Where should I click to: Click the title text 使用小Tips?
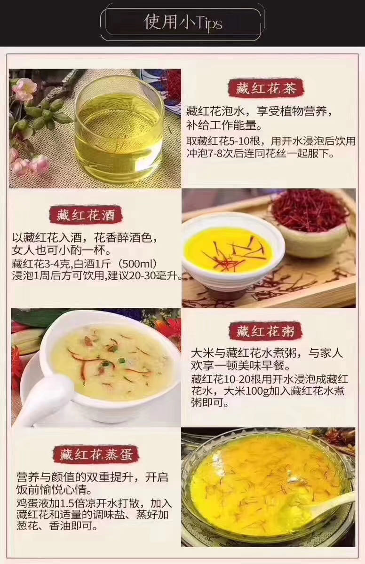183,23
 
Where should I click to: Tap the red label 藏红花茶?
266,88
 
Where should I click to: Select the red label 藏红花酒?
86,215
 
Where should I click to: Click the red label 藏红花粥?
265,331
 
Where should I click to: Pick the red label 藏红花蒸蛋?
96,454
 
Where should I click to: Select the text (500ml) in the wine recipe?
137,264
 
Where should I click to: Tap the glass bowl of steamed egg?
267,487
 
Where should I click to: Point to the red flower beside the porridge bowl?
169,327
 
